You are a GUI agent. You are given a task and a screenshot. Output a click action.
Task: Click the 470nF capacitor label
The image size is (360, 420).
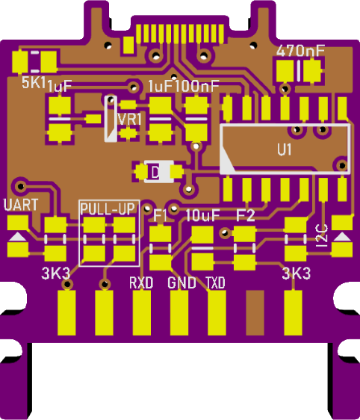pos(300,51)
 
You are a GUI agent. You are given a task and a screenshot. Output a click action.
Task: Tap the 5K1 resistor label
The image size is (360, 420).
pos(34,82)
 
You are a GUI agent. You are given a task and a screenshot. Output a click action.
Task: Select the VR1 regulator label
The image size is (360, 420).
pos(129,120)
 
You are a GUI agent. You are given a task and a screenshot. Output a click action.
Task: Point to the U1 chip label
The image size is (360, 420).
pos(284,149)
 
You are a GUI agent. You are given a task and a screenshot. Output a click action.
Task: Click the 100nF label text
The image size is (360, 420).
pos(197,86)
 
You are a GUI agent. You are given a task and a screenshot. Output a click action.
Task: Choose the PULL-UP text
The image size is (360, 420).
pos(108,209)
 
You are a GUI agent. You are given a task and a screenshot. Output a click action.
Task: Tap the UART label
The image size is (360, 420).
pos(21,205)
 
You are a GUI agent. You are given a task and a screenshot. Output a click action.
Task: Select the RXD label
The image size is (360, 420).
pos(141,282)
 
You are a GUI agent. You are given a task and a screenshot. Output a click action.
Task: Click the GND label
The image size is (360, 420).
pos(181,282)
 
